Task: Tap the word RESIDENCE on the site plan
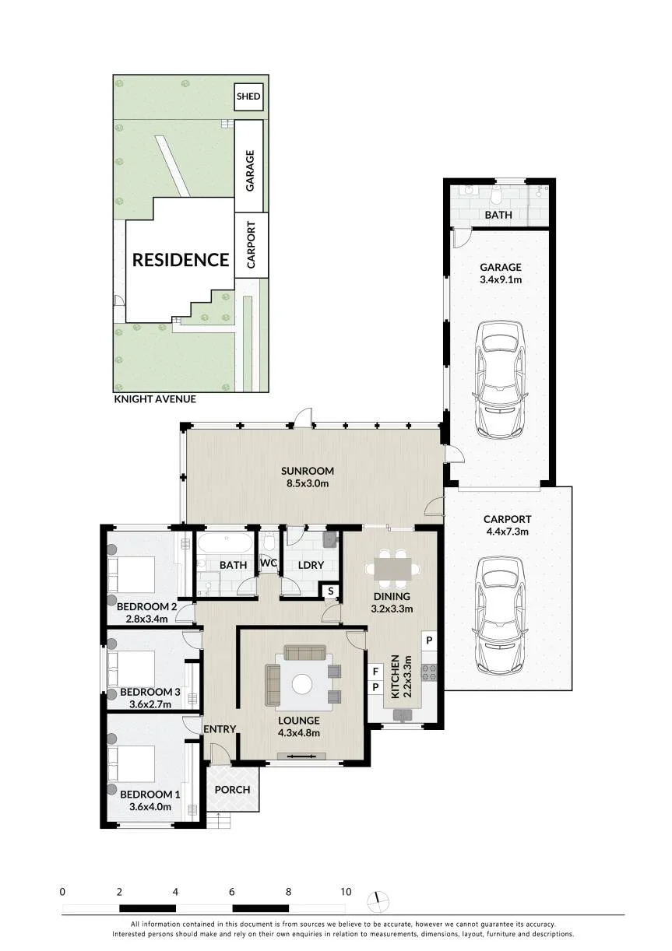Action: (181, 260)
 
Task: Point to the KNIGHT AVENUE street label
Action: (155, 399)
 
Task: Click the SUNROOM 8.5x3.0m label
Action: (307, 477)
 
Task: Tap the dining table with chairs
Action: (393, 570)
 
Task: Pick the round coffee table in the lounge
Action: (302, 684)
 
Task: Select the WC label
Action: (269, 563)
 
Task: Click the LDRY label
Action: (311, 566)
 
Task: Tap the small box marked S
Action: (330, 591)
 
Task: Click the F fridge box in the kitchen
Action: (375, 672)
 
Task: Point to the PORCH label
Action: (232, 790)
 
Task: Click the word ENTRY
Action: (220, 729)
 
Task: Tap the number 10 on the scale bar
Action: (347, 892)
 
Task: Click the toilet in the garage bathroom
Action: (496, 194)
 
